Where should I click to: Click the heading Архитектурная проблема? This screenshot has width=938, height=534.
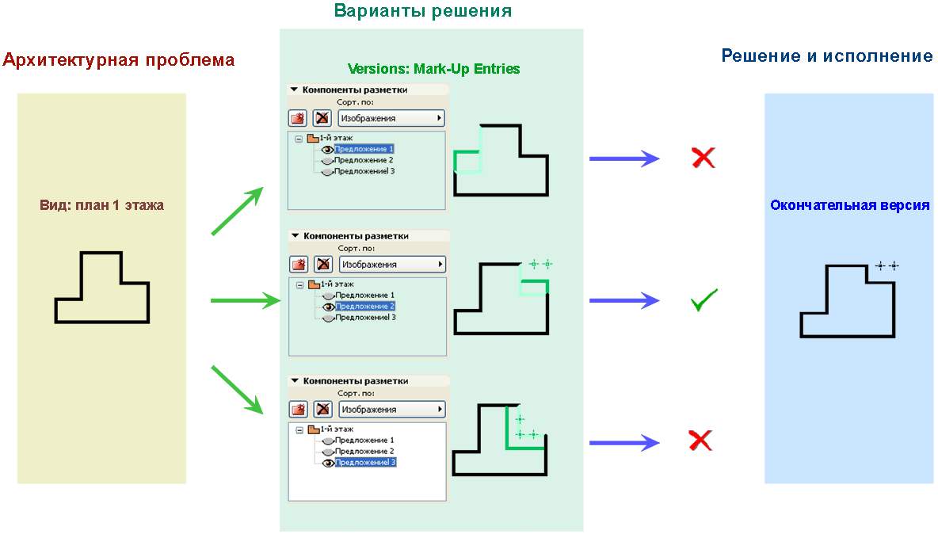tap(119, 60)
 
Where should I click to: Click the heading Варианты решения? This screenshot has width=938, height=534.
tap(422, 11)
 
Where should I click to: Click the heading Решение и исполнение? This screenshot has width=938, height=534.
tap(826, 56)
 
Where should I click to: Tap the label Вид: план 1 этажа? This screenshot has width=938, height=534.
tap(101, 205)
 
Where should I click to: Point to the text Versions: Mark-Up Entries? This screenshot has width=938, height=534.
tap(433, 69)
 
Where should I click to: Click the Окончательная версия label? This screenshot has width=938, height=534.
tap(849, 205)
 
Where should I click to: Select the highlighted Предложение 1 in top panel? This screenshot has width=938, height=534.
tap(364, 149)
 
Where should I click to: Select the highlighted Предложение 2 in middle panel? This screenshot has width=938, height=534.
tap(364, 306)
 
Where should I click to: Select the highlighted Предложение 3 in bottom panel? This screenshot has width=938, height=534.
tap(364, 463)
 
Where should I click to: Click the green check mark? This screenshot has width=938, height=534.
tap(703, 300)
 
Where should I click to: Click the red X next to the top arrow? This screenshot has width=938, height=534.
tap(703, 158)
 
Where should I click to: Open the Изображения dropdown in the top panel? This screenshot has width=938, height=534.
tap(391, 118)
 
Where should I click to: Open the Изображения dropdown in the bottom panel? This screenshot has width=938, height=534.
tap(391, 410)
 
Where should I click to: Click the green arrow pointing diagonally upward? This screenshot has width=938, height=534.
tap(237, 212)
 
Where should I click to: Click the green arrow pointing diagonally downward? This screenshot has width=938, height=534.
tap(237, 389)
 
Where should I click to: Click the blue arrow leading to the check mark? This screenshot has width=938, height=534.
tap(623, 300)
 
